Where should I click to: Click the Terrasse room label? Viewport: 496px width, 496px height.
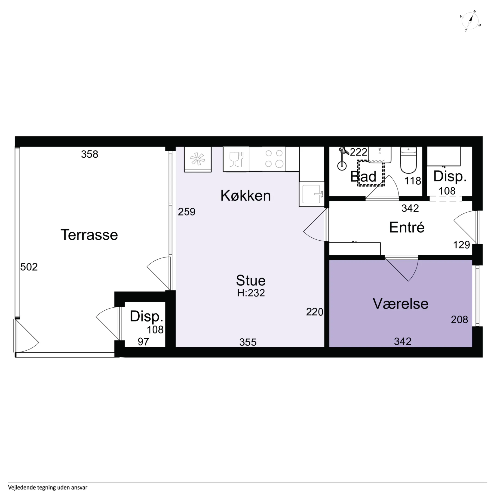89,235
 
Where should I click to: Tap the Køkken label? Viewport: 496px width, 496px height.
246,196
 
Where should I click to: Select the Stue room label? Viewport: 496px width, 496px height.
251,280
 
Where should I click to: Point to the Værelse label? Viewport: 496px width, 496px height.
401,304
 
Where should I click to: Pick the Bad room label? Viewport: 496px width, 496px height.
363,177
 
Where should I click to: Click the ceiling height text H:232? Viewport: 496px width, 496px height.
251,293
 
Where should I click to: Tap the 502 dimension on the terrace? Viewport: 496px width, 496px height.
29,267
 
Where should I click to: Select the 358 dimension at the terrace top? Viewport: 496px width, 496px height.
90,154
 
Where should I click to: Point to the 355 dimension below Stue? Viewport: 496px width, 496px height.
248,342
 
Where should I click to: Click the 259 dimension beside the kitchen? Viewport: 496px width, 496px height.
187,212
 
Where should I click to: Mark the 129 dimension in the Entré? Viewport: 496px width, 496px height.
461,245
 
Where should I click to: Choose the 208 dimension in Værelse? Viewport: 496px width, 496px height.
459,320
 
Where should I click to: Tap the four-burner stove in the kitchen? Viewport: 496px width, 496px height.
274,159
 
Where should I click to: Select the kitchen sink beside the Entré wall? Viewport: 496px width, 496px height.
312,194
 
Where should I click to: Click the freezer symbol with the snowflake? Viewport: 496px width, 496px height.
198,159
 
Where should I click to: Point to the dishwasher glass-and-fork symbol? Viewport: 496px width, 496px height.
236,159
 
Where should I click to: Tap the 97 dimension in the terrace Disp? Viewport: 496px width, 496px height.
143,342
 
